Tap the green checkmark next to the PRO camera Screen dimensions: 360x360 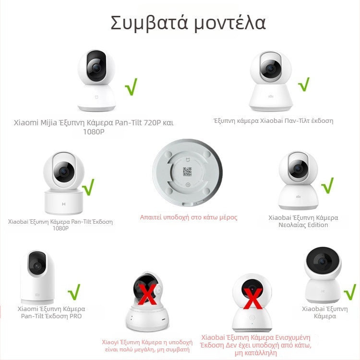coord(74,291)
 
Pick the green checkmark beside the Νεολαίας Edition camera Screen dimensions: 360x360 coord(327,185)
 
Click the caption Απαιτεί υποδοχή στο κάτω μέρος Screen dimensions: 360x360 coord(189,217)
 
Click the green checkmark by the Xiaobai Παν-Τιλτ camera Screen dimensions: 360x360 coord(303,84)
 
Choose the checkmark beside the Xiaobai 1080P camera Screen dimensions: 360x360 coord(89,187)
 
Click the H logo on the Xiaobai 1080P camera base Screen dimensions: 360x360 coord(63,204)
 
